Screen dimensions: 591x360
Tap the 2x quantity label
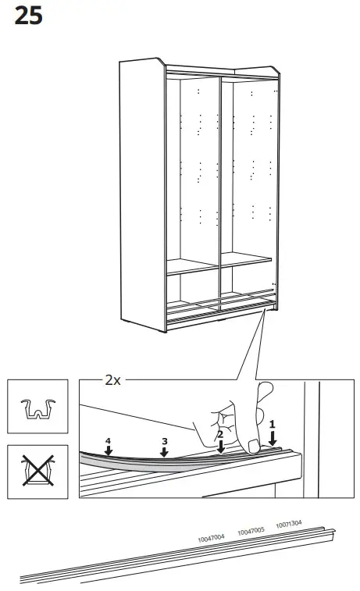click(113, 381)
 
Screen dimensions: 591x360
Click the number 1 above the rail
click(273, 422)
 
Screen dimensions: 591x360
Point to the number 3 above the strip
click(164, 440)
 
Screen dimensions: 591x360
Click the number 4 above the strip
click(109, 440)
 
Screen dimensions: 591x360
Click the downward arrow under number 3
click(164, 453)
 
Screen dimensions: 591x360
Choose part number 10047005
click(251, 531)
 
